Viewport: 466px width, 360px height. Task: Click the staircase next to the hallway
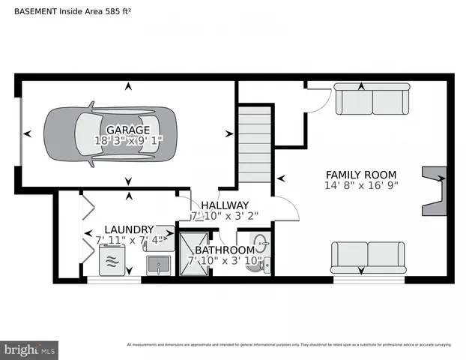point(255,144)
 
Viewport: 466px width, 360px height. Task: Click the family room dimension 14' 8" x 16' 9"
point(361,184)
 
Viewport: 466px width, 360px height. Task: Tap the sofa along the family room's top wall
point(372,99)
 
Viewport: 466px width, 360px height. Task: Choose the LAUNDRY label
point(129,229)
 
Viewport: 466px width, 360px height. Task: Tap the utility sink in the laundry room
point(159,264)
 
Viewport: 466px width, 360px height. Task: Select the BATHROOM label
point(225,250)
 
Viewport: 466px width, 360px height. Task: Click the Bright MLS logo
point(30,349)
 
